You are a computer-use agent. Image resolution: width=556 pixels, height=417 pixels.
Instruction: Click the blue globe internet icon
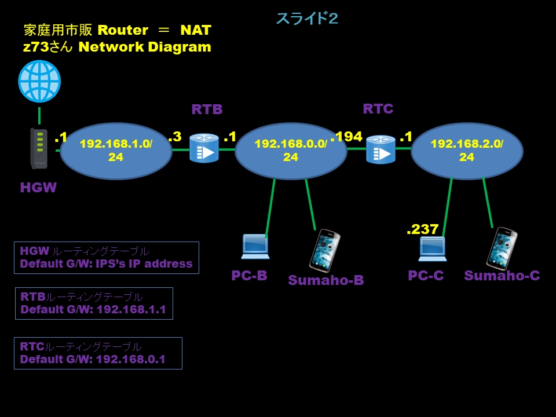click(39, 81)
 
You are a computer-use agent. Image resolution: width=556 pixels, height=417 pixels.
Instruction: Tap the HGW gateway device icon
click(39, 149)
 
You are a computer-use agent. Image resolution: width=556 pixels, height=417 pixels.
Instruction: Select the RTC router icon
click(381, 149)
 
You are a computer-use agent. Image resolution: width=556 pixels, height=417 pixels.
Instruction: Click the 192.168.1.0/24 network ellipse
click(116, 151)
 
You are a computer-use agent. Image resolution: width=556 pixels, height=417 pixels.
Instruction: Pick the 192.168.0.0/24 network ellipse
click(291, 151)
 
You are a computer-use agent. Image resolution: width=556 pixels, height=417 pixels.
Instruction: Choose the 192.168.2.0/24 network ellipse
click(467, 151)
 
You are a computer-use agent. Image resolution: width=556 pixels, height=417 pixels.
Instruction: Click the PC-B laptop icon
click(255, 247)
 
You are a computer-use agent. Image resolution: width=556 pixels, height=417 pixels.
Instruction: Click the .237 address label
click(422, 229)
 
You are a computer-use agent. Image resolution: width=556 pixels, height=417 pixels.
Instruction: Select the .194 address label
click(347, 137)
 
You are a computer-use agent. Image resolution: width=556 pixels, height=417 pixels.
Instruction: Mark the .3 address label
click(174, 137)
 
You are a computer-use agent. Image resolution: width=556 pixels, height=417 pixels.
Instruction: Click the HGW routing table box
click(106, 258)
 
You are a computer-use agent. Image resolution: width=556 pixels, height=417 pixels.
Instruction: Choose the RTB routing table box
click(94, 303)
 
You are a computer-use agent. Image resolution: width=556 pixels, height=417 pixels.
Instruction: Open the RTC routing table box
click(98, 353)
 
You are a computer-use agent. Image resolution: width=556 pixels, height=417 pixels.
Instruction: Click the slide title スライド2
click(307, 19)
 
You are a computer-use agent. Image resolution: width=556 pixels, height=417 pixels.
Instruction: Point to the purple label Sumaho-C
click(502, 276)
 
